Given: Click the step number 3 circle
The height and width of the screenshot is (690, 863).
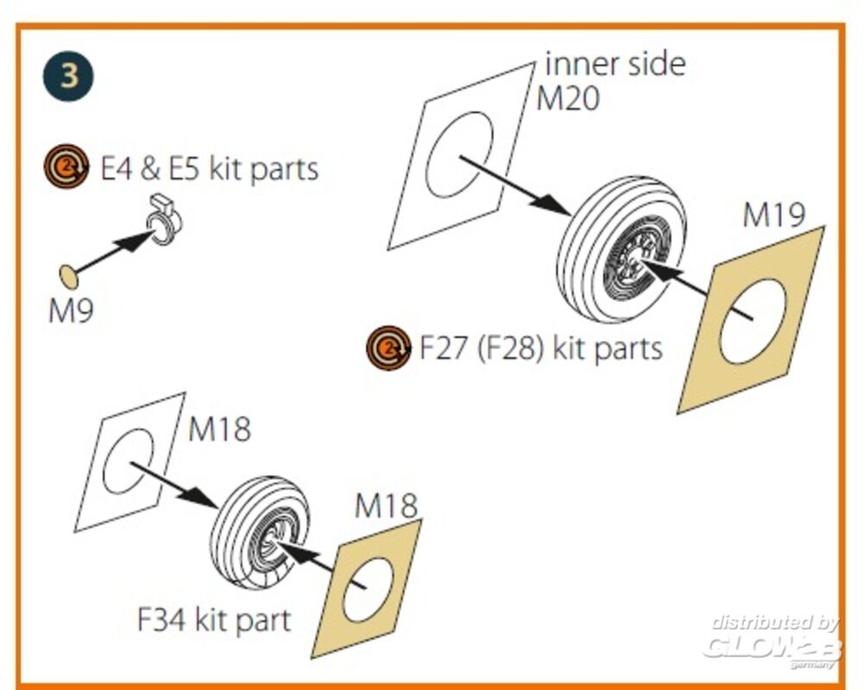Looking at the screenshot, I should coord(70,75).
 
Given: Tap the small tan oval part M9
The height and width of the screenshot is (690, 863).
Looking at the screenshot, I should coord(66,276).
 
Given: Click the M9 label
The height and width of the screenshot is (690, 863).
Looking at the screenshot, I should coord(70,310).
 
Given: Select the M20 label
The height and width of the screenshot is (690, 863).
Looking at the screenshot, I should coord(568,99).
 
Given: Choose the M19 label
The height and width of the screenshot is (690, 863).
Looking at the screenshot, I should coord(774,216).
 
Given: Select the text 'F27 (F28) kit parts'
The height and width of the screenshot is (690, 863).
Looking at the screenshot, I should coord(540,348).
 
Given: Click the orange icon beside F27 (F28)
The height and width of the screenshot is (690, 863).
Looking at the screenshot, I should coord(388,348).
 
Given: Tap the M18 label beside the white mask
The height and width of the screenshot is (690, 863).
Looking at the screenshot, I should coord(219,429).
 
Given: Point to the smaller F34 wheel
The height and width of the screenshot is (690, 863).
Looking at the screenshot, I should coord(258,530).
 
